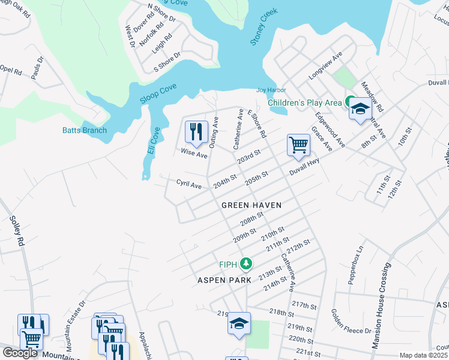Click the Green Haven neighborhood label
[x=252, y=205]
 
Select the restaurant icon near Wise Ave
[x=196, y=130]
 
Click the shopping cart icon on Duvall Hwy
[x=298, y=145]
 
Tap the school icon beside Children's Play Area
[x=360, y=109]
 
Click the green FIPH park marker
[x=245, y=263]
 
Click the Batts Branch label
[x=85, y=130]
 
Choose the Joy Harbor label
[x=267, y=90]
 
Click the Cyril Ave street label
[x=188, y=185]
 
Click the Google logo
[x=20, y=353]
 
